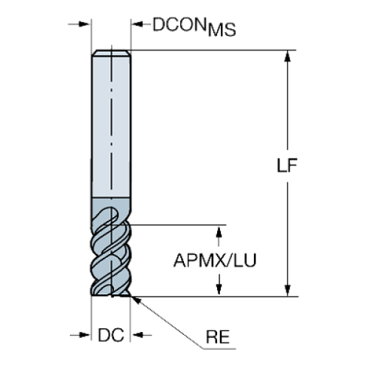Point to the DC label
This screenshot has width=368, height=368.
(110, 335)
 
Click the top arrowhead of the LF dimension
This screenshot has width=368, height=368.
(287, 57)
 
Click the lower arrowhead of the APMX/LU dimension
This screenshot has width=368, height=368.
(219, 288)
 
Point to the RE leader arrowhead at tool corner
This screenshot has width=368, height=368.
(135, 299)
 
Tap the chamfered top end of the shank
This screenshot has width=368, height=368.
(111, 52)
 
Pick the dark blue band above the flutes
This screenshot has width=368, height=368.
(111, 207)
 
